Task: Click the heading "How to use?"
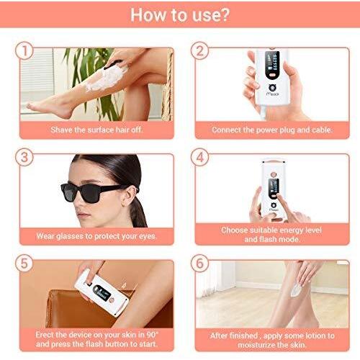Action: [x=180, y=15]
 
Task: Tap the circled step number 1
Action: [x=24, y=51]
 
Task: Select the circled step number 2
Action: [x=199, y=51]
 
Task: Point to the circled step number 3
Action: [x=24, y=157]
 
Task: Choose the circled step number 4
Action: [x=199, y=157]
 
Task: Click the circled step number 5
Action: [x=24, y=264]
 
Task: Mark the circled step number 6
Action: [x=199, y=264]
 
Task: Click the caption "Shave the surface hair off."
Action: [x=96, y=130]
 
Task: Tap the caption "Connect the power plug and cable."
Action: [x=272, y=130]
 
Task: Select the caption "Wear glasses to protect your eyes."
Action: [x=96, y=236]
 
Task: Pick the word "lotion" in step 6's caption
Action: [x=312, y=336]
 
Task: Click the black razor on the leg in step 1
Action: [x=113, y=64]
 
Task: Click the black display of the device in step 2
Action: [x=272, y=65]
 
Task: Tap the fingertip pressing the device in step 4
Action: [x=279, y=197]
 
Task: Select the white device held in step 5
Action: [x=102, y=292]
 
